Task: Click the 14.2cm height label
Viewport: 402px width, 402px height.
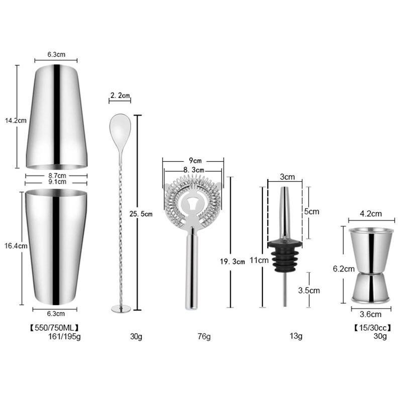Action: (14, 121)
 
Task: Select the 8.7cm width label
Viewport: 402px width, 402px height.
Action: (56, 175)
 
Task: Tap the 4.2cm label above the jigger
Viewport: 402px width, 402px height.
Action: (371, 214)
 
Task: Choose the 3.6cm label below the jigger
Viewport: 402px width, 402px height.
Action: (371, 315)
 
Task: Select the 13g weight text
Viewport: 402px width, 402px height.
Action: (296, 336)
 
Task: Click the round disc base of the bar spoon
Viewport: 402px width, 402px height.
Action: (121, 309)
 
